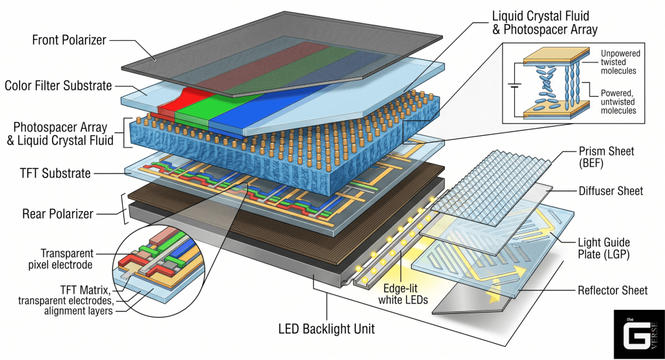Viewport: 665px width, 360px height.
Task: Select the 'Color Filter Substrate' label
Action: point(58,85)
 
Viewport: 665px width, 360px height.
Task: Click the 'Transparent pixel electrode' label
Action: point(67,259)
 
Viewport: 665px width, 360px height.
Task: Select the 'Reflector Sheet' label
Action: point(612,290)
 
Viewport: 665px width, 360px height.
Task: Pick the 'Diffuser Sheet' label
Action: point(610,191)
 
